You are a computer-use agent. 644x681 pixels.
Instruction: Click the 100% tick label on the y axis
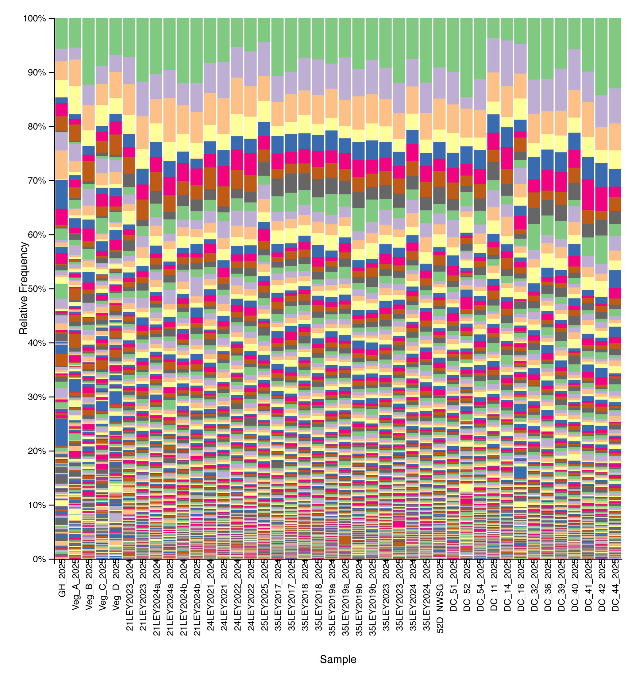34,19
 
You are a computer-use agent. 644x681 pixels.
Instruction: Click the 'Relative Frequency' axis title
23,288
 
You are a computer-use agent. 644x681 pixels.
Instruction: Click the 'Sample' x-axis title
338,659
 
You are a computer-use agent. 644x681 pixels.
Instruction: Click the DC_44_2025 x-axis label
615,585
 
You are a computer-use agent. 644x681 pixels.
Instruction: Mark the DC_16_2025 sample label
521,585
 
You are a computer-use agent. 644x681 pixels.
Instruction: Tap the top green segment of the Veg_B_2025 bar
89,51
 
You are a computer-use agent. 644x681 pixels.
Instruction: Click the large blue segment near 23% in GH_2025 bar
62,432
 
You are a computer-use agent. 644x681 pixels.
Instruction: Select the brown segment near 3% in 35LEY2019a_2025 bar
345,540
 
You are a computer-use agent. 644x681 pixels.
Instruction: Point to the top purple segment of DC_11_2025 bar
493,55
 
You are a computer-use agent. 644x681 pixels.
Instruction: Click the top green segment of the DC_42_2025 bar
601,57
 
